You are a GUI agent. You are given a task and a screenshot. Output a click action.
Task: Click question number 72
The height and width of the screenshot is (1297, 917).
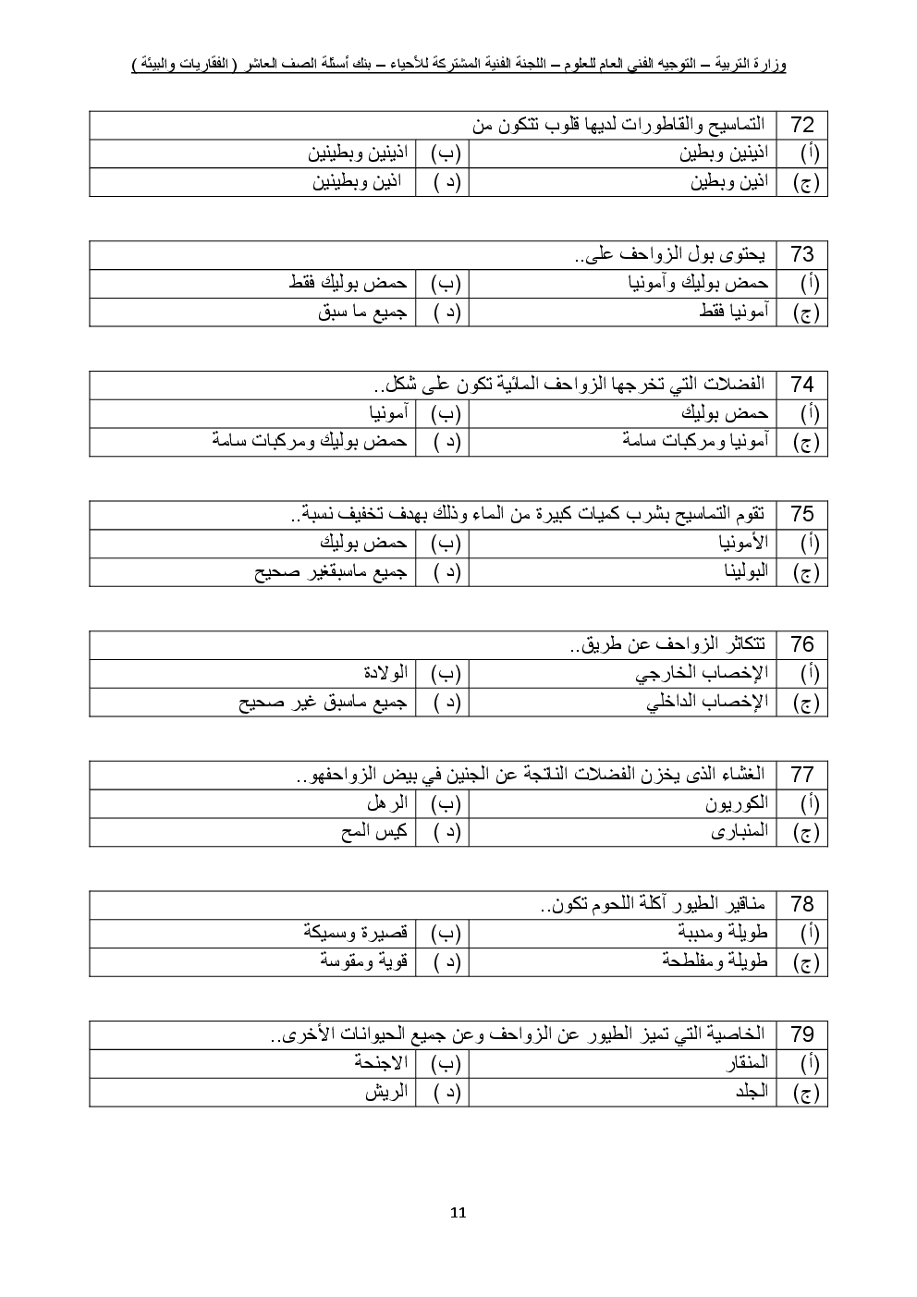tap(802, 125)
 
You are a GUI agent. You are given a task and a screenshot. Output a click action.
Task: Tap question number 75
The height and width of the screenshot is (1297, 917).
tap(802, 515)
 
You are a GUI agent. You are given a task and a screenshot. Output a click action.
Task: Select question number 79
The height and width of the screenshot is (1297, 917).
tap(802, 1034)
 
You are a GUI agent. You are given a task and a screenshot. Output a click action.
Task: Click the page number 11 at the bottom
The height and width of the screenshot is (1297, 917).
tap(458, 1213)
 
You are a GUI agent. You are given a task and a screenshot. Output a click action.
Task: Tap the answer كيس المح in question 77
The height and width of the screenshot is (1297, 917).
tap(374, 832)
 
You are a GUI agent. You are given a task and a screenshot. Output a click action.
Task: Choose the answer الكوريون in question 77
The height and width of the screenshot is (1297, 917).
tap(737, 803)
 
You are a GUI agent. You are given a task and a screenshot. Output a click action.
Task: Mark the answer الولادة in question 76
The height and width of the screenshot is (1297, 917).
tap(385, 673)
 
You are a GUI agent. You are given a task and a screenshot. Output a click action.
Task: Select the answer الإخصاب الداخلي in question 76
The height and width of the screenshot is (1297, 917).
tap(707, 702)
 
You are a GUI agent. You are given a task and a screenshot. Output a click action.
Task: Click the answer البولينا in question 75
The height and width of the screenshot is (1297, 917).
tap(745, 572)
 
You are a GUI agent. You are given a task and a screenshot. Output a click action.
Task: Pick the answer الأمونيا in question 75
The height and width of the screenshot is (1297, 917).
tap(743, 543)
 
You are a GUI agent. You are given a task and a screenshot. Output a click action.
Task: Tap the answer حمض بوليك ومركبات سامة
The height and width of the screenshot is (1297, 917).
tap(309, 442)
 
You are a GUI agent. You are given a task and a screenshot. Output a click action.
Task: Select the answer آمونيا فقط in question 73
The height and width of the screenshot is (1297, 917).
tap(734, 312)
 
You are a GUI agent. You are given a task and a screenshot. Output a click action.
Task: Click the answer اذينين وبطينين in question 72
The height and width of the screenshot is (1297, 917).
tap(358, 153)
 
